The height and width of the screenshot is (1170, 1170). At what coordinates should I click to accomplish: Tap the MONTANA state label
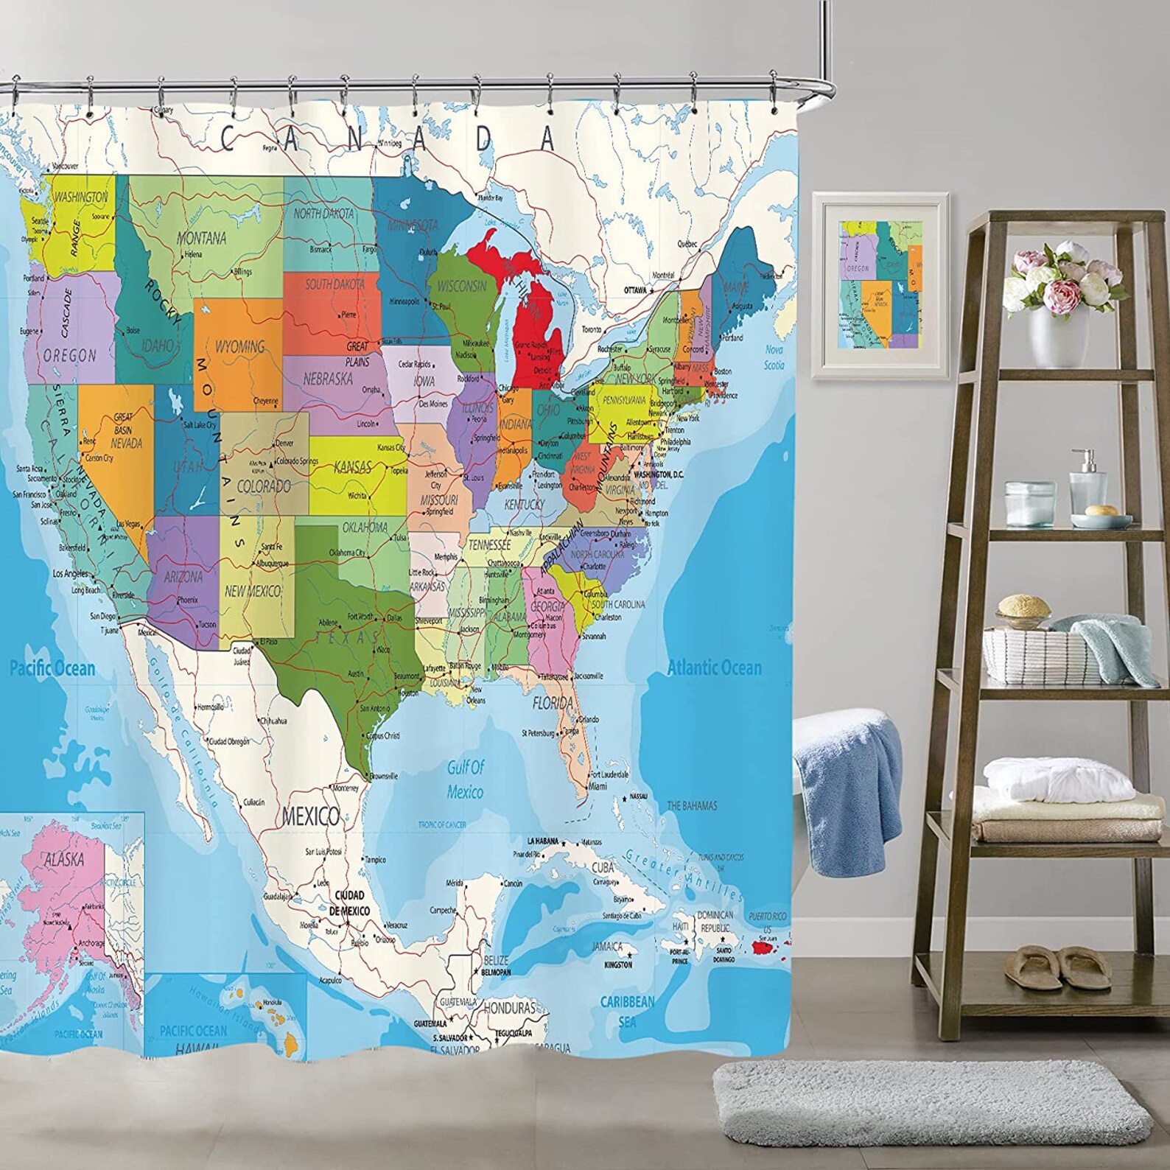tap(201, 238)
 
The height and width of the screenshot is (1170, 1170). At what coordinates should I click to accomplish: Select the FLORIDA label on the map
tap(553, 703)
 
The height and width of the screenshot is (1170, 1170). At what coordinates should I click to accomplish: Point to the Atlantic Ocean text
tap(714, 668)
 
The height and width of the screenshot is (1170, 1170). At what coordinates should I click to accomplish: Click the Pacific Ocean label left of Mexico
tap(52, 669)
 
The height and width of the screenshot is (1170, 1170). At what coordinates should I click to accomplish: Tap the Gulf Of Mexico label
tap(466, 780)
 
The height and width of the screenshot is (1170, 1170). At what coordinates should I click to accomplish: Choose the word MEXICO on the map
tap(311, 816)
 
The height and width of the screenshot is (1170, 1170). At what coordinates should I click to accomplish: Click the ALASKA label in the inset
tap(64, 859)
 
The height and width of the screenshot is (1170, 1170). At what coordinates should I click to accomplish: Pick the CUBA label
tap(603, 868)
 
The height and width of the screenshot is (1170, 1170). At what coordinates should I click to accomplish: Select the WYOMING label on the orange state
tap(239, 346)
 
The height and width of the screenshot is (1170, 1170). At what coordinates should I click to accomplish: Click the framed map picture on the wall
tap(880, 285)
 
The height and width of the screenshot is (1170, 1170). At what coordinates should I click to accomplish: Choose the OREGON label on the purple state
tap(70, 355)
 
